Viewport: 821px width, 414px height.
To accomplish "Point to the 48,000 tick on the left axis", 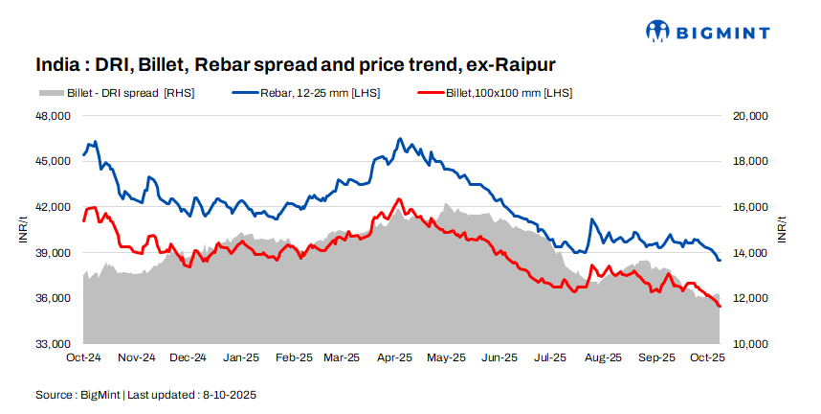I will click(53, 116).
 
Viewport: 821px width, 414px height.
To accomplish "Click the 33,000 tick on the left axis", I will click(53, 344).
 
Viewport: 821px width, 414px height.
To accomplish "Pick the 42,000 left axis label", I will click(53, 207).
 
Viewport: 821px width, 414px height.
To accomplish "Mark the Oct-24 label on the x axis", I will click(84, 357).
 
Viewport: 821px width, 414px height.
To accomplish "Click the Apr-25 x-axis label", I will click(394, 357).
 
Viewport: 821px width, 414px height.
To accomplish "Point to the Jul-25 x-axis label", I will click(549, 357).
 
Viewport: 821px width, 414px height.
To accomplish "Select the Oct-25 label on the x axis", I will click(705, 357).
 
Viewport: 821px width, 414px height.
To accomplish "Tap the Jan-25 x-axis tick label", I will click(239, 357).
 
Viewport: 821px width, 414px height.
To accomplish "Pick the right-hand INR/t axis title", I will click(782, 230).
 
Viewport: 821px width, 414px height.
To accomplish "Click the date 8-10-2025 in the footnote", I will click(227, 394).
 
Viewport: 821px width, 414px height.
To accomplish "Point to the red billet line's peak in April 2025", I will click(398, 199).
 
